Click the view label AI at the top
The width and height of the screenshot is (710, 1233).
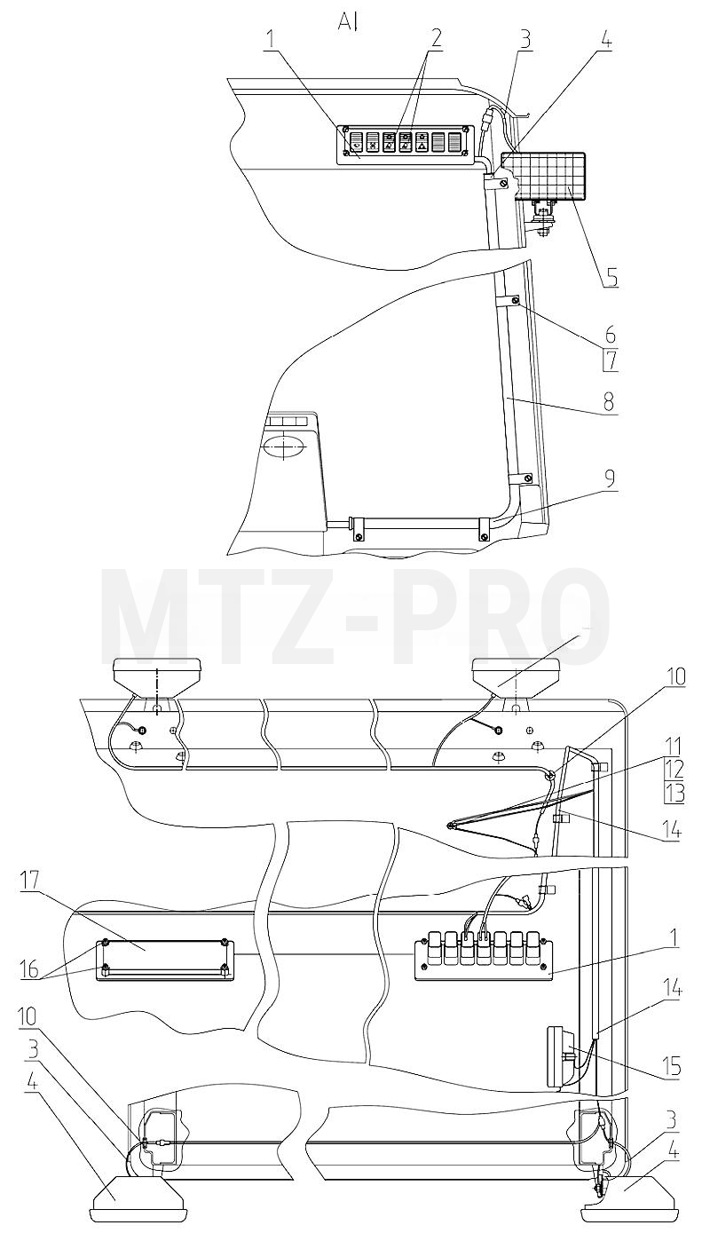[349, 24]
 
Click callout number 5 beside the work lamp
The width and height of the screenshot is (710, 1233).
[611, 278]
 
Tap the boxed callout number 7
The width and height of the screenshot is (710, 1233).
[611, 360]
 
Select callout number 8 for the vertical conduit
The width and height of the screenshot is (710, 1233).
[610, 402]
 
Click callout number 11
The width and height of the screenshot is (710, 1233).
[674, 747]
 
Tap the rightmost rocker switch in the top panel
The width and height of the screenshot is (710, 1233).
[454, 143]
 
